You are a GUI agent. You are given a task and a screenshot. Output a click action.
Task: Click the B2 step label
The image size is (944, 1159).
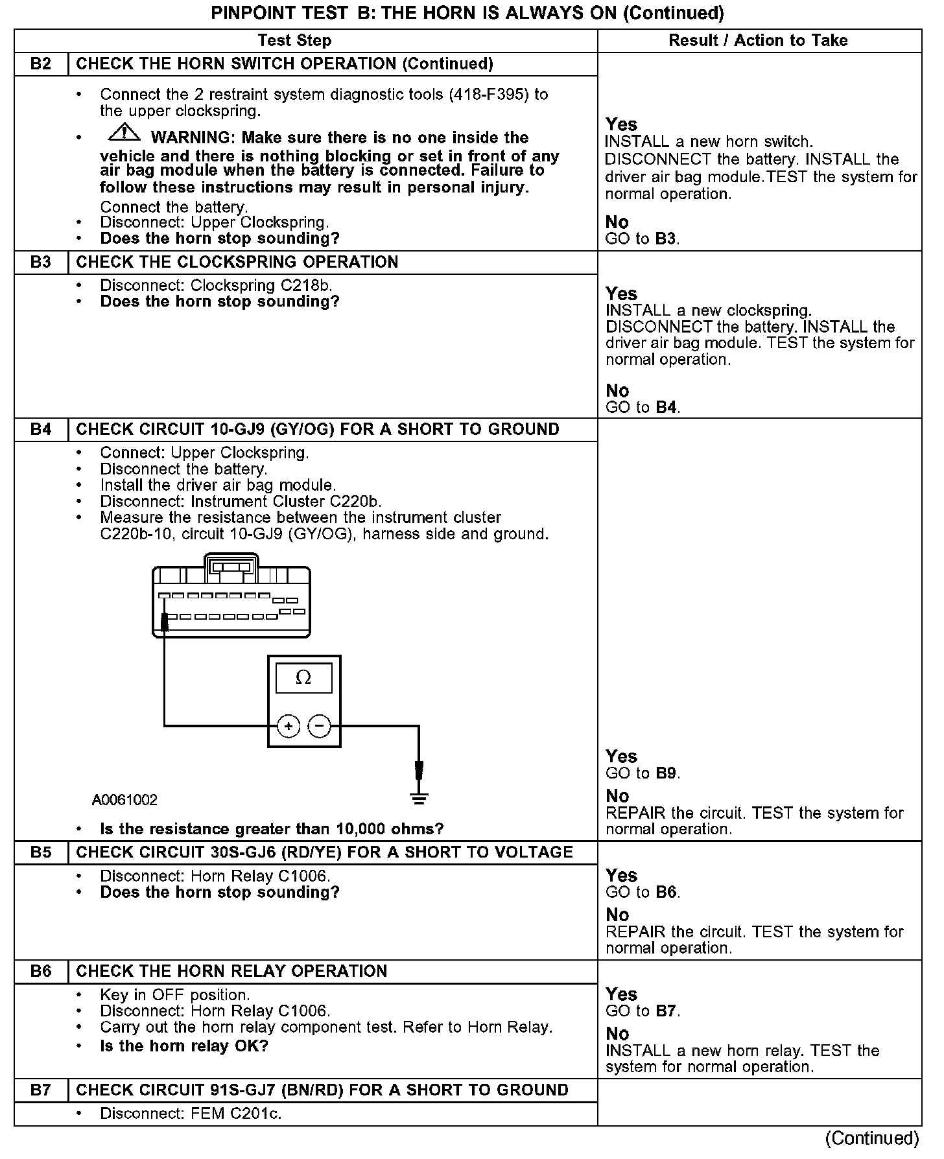[41, 64]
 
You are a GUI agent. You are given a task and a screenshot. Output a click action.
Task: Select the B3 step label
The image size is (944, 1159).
[41, 263]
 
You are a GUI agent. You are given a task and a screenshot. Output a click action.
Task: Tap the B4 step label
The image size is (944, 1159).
[41, 430]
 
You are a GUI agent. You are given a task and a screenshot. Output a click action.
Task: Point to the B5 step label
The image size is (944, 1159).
[41, 852]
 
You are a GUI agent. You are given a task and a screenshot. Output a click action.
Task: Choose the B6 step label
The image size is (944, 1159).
[41, 971]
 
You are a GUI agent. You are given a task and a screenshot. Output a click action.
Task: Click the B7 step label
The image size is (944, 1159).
[41, 1090]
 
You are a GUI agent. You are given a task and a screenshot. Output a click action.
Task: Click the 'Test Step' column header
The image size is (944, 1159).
[294, 40]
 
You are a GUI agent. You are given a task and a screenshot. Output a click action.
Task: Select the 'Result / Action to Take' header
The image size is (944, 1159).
[758, 40]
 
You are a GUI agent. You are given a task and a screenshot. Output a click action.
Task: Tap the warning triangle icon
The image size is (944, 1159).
[124, 133]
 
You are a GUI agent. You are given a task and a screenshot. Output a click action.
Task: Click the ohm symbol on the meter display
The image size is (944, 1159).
[303, 677]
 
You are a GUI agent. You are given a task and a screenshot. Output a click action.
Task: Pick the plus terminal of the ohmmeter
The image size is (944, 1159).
[289, 725]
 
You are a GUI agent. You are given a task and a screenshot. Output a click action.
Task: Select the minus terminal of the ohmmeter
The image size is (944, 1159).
[318, 725]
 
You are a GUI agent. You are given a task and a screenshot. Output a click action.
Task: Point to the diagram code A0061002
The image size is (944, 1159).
[124, 800]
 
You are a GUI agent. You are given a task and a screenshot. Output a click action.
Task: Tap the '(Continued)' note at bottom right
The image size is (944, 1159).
[872, 1138]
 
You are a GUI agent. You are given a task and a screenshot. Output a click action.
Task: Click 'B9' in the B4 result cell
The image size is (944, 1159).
[666, 773]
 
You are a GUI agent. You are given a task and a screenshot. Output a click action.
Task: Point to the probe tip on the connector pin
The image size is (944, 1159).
[165, 622]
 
